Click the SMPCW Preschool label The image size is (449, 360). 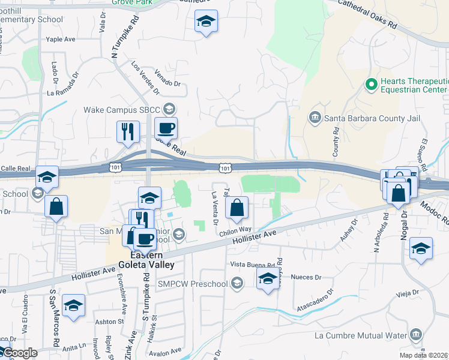pos(194,283)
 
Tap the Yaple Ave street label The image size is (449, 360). pos(61,40)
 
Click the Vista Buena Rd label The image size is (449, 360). pos(255,265)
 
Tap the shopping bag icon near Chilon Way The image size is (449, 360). pos(237,208)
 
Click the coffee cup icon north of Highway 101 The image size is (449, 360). pos(166,128)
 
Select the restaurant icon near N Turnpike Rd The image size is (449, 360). pos(128,132)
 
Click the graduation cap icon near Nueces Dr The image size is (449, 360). pos(268,278)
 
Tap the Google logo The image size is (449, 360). pos(19,353)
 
